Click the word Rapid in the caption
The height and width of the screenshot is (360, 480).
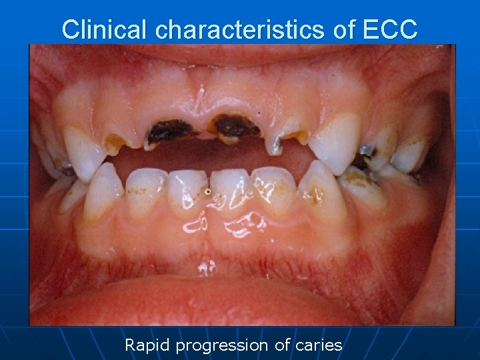click(x=147, y=345)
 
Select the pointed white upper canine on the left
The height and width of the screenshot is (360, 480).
click(x=84, y=151)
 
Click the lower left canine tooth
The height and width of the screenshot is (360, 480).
click(x=104, y=190)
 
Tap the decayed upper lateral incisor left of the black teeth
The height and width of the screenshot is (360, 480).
click(x=122, y=140)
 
